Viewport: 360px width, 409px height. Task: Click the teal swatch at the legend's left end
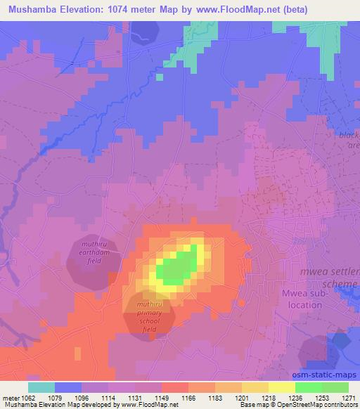(41, 387)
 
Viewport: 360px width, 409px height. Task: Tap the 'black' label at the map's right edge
(349, 135)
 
